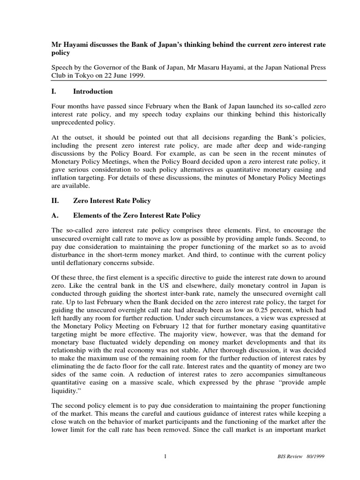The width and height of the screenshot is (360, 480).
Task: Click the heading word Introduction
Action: [x=93, y=91]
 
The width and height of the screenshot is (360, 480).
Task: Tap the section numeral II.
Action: [x=55, y=201]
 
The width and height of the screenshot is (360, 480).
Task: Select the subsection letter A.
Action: [x=54, y=216]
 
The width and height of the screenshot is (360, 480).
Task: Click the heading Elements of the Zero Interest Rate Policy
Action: [x=136, y=216]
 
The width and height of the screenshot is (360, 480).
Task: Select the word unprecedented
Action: [x=74, y=123]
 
